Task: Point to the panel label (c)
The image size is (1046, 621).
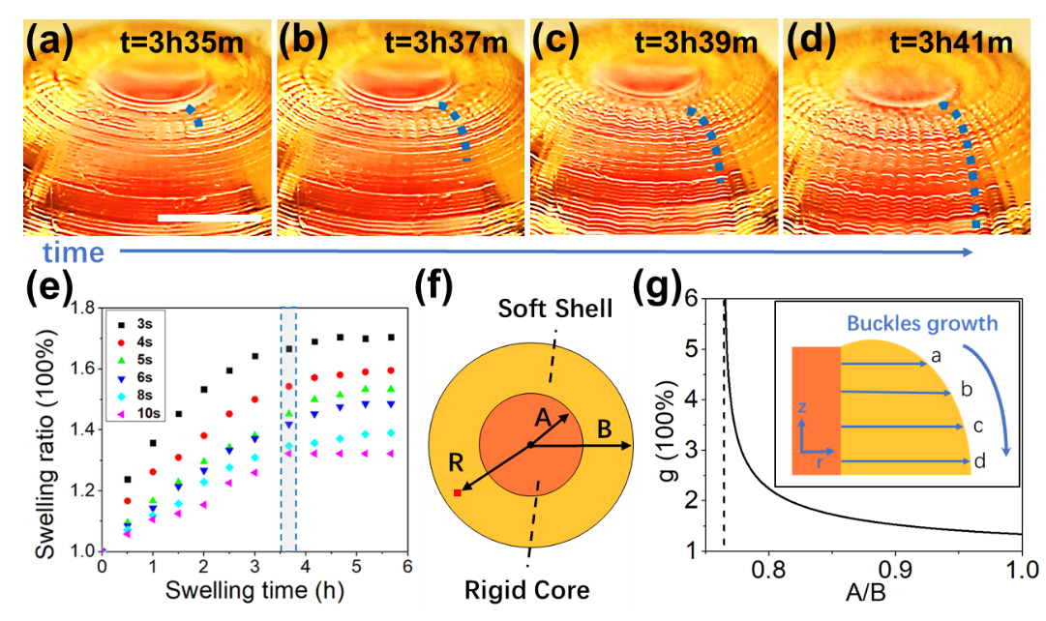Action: [x=554, y=42]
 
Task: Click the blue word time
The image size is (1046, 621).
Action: [x=73, y=253]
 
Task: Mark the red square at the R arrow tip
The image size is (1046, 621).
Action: [x=458, y=493]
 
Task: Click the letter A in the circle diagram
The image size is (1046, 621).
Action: [x=545, y=419]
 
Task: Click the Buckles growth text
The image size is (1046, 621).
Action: [x=921, y=324]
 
